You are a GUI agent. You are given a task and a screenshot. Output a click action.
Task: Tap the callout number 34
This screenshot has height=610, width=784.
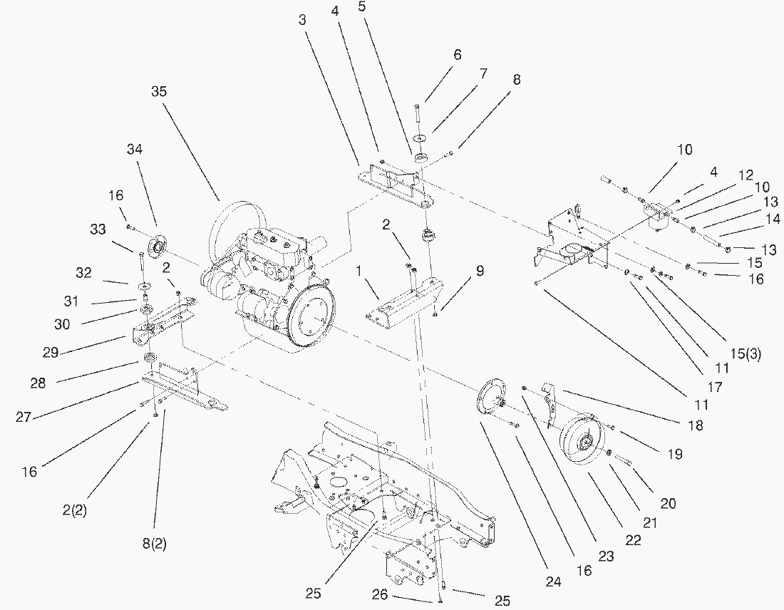pyautogui.click(x=135, y=149)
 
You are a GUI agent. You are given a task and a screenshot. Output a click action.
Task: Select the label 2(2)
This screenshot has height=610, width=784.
pyautogui.click(x=75, y=510)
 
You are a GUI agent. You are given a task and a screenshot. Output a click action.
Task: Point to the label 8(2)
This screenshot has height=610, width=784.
pyautogui.click(x=154, y=545)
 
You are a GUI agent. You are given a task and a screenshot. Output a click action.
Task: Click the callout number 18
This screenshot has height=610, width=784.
pyautogui.click(x=696, y=425)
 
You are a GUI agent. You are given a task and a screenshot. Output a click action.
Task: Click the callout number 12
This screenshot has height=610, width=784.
pyautogui.click(x=746, y=175)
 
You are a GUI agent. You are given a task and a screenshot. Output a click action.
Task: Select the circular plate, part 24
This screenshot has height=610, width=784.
pyautogui.click(x=489, y=399)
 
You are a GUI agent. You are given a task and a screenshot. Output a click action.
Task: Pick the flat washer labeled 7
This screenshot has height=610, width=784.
pyautogui.click(x=420, y=136)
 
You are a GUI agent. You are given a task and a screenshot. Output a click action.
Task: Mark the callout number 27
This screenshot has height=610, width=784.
pyautogui.click(x=24, y=417)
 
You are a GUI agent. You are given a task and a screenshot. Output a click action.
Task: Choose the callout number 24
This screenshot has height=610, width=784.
pyautogui.click(x=553, y=581)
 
